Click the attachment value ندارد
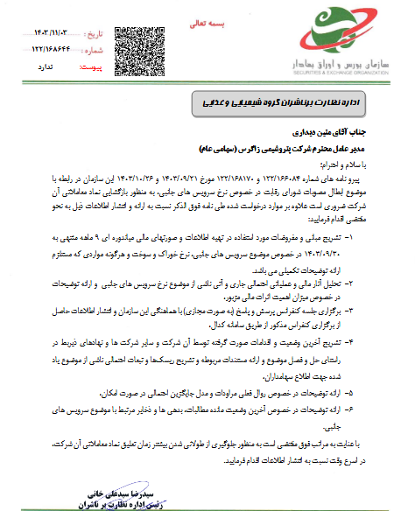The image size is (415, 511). click(x=50, y=65)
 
